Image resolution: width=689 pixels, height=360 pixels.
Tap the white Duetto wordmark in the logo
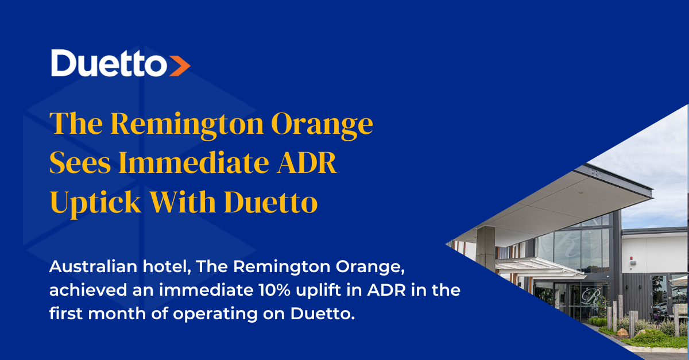(109, 63)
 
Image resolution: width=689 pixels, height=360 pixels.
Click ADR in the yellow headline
(307, 162)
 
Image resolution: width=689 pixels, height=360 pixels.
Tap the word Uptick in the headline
(95, 203)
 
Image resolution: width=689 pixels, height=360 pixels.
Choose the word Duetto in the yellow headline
(271, 202)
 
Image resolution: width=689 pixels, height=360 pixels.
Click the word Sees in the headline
(80, 162)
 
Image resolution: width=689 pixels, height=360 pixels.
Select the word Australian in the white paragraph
(93, 266)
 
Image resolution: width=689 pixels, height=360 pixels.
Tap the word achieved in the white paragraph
(88, 290)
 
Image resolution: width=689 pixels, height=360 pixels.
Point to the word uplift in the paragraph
(318, 291)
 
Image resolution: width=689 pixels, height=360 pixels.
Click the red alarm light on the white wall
(632, 258)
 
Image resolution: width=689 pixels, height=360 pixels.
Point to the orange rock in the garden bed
(622, 332)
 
